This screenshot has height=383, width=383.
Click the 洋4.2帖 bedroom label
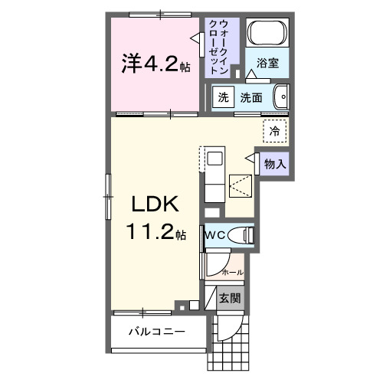[153, 65]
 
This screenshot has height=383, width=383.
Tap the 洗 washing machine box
[223, 97]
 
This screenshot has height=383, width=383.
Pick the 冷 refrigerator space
[273, 131]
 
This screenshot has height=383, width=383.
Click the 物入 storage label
[276, 163]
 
